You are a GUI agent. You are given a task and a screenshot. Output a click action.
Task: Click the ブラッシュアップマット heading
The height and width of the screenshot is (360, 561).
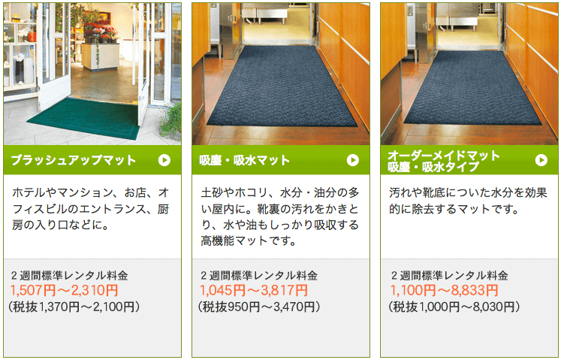tap(74, 160)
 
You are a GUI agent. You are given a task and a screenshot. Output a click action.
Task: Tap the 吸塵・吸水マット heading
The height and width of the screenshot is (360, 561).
tap(244, 160)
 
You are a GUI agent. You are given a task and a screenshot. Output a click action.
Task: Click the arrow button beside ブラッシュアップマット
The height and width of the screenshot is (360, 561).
tap(164, 160)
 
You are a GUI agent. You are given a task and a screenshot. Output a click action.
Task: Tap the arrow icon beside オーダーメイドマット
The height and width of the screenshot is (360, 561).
tap(541, 160)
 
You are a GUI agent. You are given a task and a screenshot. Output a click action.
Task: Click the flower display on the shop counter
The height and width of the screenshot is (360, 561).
tap(100, 31)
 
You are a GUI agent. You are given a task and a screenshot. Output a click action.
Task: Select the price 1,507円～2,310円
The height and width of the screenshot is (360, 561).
tap(65, 290)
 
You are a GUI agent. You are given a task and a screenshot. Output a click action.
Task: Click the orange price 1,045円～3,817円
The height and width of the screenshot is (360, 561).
tap(254, 290)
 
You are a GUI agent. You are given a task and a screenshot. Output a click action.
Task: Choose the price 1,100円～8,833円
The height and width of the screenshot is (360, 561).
tap(444, 290)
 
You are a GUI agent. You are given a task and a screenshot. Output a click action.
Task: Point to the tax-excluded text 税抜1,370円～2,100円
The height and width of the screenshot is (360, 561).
tap(74, 307)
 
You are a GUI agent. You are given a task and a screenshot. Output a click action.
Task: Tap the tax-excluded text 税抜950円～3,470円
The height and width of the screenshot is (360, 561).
tap(259, 307)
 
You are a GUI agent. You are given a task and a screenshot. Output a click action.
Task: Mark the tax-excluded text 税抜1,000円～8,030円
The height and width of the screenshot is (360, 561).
tap(454, 307)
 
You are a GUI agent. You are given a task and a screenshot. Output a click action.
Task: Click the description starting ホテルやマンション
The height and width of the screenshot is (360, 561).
tap(91, 209)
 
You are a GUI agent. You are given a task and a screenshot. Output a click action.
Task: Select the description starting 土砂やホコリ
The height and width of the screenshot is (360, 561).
tap(280, 216)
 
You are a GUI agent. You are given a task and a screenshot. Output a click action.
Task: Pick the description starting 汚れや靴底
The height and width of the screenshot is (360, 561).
tap(468, 201)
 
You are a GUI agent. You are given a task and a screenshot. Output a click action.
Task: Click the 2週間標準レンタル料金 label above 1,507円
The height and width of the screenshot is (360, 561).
tap(69, 276)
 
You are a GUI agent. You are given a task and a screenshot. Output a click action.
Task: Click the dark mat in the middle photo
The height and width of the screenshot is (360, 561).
tap(281, 86)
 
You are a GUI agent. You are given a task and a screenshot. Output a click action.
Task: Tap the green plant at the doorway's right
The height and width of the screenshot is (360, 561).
tap(171, 120)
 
